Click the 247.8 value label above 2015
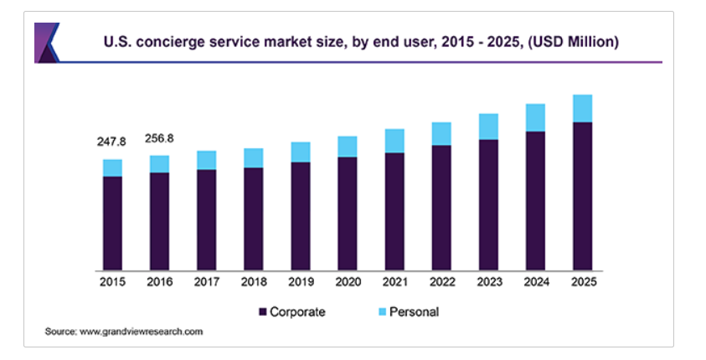112,142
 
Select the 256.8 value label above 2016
159,138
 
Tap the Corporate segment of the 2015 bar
112,224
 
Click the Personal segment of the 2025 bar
582,109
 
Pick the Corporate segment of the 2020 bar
348,213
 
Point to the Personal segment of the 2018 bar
253,157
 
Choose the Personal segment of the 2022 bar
441,133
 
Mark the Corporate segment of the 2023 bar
488,205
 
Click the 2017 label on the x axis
206,283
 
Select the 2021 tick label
394,283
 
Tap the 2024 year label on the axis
535,283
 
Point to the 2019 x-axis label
300,283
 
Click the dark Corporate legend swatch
263,311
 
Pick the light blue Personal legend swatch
382,311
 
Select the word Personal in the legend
415,311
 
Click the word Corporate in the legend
298,311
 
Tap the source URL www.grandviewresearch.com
142,332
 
